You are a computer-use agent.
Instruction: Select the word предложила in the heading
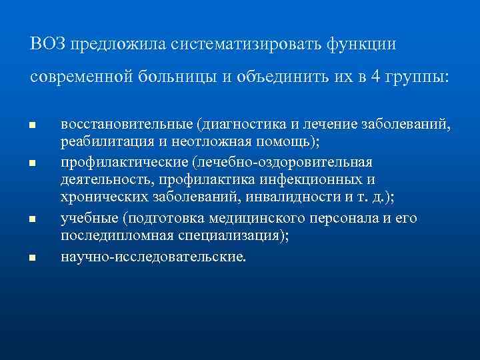(x=121, y=44)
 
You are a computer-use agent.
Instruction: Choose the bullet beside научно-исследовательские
(x=31, y=257)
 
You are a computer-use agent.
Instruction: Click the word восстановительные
(x=125, y=124)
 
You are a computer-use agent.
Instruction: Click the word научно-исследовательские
(x=152, y=255)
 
